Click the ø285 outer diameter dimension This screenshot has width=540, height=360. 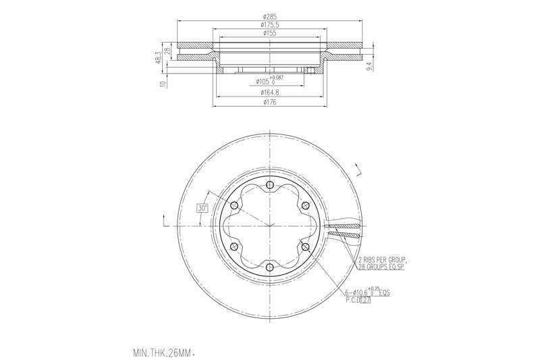click(269, 16)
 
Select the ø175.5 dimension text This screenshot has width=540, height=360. click(269, 24)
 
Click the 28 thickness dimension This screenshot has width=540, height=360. click(167, 52)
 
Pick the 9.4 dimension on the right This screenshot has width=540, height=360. click(369, 66)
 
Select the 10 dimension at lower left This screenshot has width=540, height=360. click(162, 84)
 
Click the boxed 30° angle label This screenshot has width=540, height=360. click(202, 209)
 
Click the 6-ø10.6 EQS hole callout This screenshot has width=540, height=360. click(367, 293)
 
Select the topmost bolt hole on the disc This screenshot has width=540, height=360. click(269, 186)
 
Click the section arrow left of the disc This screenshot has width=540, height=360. click(165, 219)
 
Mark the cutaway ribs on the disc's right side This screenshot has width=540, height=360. click(345, 230)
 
